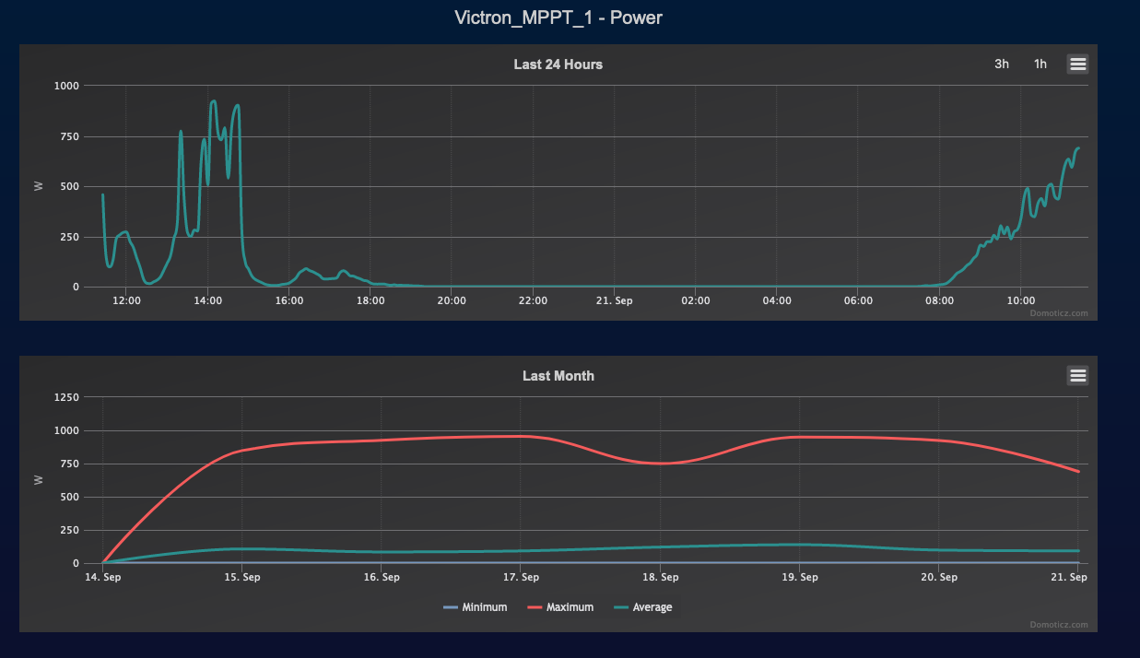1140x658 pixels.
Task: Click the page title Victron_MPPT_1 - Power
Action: pyautogui.click(x=558, y=18)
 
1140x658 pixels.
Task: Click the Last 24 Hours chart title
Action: pyautogui.click(x=558, y=65)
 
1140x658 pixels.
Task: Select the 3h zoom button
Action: pyautogui.click(x=1002, y=64)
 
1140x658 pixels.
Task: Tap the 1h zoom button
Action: pyautogui.click(x=1040, y=64)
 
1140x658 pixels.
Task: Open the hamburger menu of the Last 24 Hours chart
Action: pyautogui.click(x=1077, y=64)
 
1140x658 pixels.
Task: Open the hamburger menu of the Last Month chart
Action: pyautogui.click(x=1077, y=375)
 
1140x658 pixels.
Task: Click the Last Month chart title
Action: pyautogui.click(x=558, y=376)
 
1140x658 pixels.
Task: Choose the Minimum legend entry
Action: pyautogui.click(x=476, y=607)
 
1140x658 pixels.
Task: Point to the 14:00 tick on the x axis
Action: pyautogui.click(x=208, y=300)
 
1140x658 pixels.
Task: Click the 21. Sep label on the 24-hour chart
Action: pyautogui.click(x=614, y=300)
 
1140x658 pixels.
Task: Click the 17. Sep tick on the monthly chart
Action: pyautogui.click(x=522, y=577)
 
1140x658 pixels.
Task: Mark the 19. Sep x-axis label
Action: pyautogui.click(x=800, y=577)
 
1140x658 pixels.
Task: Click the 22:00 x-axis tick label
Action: pyautogui.click(x=533, y=300)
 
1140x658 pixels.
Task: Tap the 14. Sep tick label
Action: pyautogui.click(x=103, y=577)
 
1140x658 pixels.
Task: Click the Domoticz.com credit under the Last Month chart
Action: pyautogui.click(x=1058, y=625)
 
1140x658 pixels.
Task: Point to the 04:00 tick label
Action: pyautogui.click(x=777, y=300)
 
